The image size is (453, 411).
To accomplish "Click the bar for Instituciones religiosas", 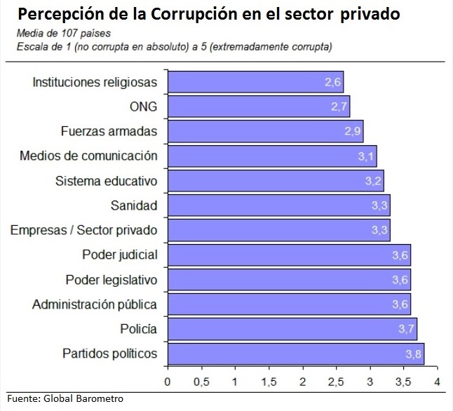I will [x=255, y=81].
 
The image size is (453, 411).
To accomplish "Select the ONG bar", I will [x=258, y=107].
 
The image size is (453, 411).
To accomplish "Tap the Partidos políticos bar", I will [x=295, y=353].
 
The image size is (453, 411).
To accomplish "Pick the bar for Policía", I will [x=292, y=329].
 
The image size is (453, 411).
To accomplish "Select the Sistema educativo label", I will [x=107, y=181].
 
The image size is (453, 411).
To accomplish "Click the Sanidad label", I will [x=134, y=205].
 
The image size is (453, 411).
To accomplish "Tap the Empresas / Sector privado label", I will [x=84, y=230].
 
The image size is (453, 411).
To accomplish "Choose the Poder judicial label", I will [x=120, y=255].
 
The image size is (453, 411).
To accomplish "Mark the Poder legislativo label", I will [x=111, y=280].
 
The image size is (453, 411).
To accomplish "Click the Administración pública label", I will [x=95, y=304].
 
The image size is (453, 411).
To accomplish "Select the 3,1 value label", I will [x=367, y=156].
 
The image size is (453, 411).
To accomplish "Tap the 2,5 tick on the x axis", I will [x=336, y=382].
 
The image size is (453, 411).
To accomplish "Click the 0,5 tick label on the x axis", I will [x=201, y=382].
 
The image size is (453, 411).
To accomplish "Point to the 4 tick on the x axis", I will [x=436, y=382].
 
